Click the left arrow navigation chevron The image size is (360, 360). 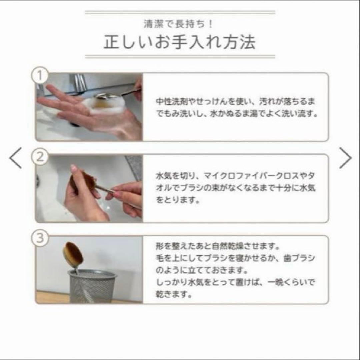[x=16, y=158]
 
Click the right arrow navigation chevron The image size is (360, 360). [x=345, y=158]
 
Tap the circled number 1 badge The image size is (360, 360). [x=40, y=76]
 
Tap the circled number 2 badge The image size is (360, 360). [x=40, y=157]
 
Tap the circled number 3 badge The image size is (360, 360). [x=40, y=238]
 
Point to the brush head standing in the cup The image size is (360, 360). [x=73, y=255]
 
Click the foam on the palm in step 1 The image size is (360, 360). [x=100, y=104]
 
